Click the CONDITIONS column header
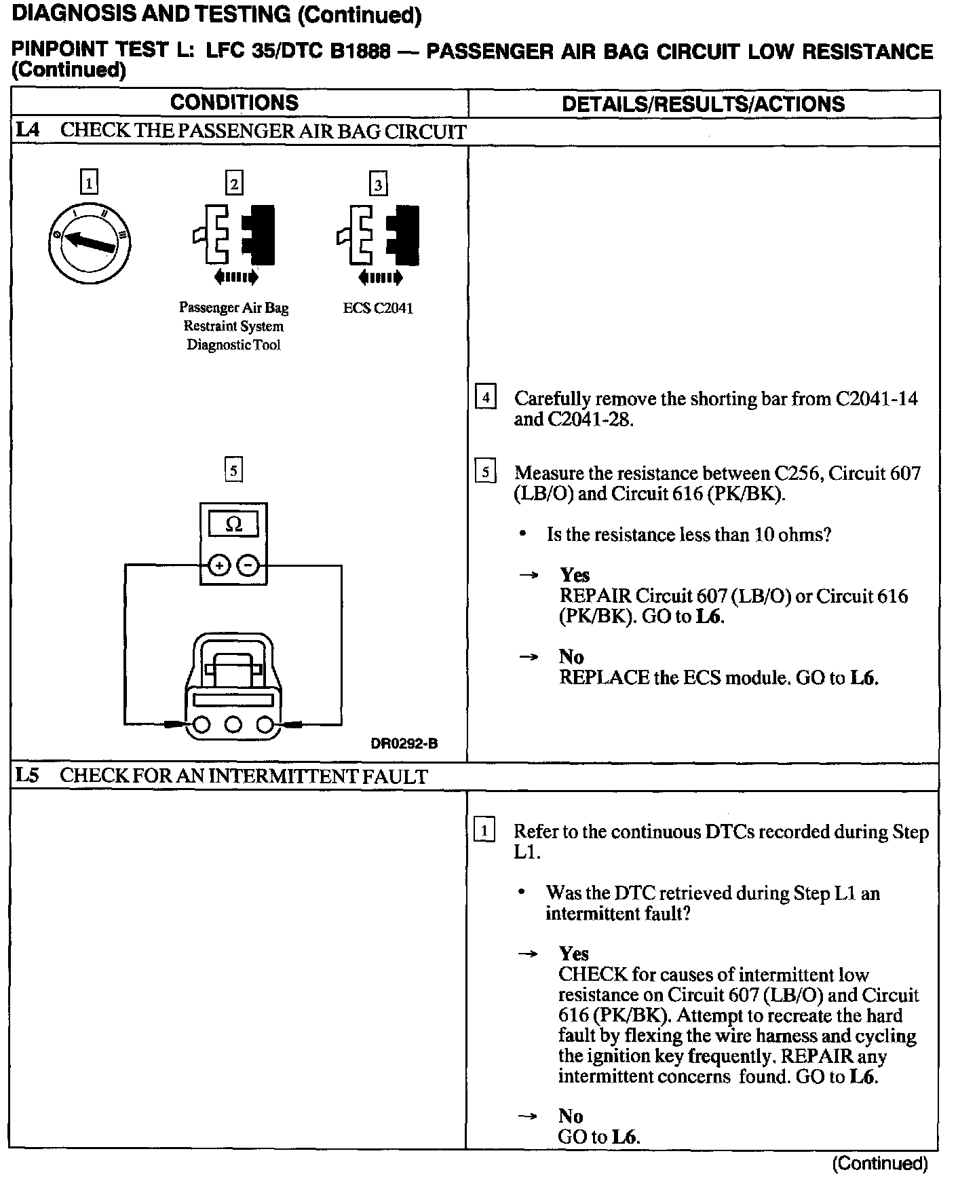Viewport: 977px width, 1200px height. (234, 102)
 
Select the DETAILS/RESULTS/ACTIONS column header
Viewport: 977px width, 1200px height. (703, 104)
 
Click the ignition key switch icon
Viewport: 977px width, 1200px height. (90, 242)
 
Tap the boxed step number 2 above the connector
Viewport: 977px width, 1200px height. (234, 183)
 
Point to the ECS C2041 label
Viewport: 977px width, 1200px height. (378, 308)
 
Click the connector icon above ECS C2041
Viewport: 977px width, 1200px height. (378, 236)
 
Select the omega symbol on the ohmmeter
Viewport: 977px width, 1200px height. (233, 524)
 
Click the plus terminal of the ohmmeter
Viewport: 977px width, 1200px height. (218, 565)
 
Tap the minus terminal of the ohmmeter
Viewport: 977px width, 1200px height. (249, 565)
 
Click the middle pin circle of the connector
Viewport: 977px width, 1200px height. (233, 726)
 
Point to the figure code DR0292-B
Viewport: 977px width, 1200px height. (404, 743)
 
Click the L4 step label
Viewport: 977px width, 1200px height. (28, 131)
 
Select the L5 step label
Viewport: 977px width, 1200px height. (28, 776)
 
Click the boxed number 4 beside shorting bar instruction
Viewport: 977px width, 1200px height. (486, 396)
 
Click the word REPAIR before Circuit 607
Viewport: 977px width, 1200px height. (596, 596)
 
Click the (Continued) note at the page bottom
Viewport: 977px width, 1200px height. (880, 1163)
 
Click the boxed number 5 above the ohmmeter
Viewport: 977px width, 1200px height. (233, 470)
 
